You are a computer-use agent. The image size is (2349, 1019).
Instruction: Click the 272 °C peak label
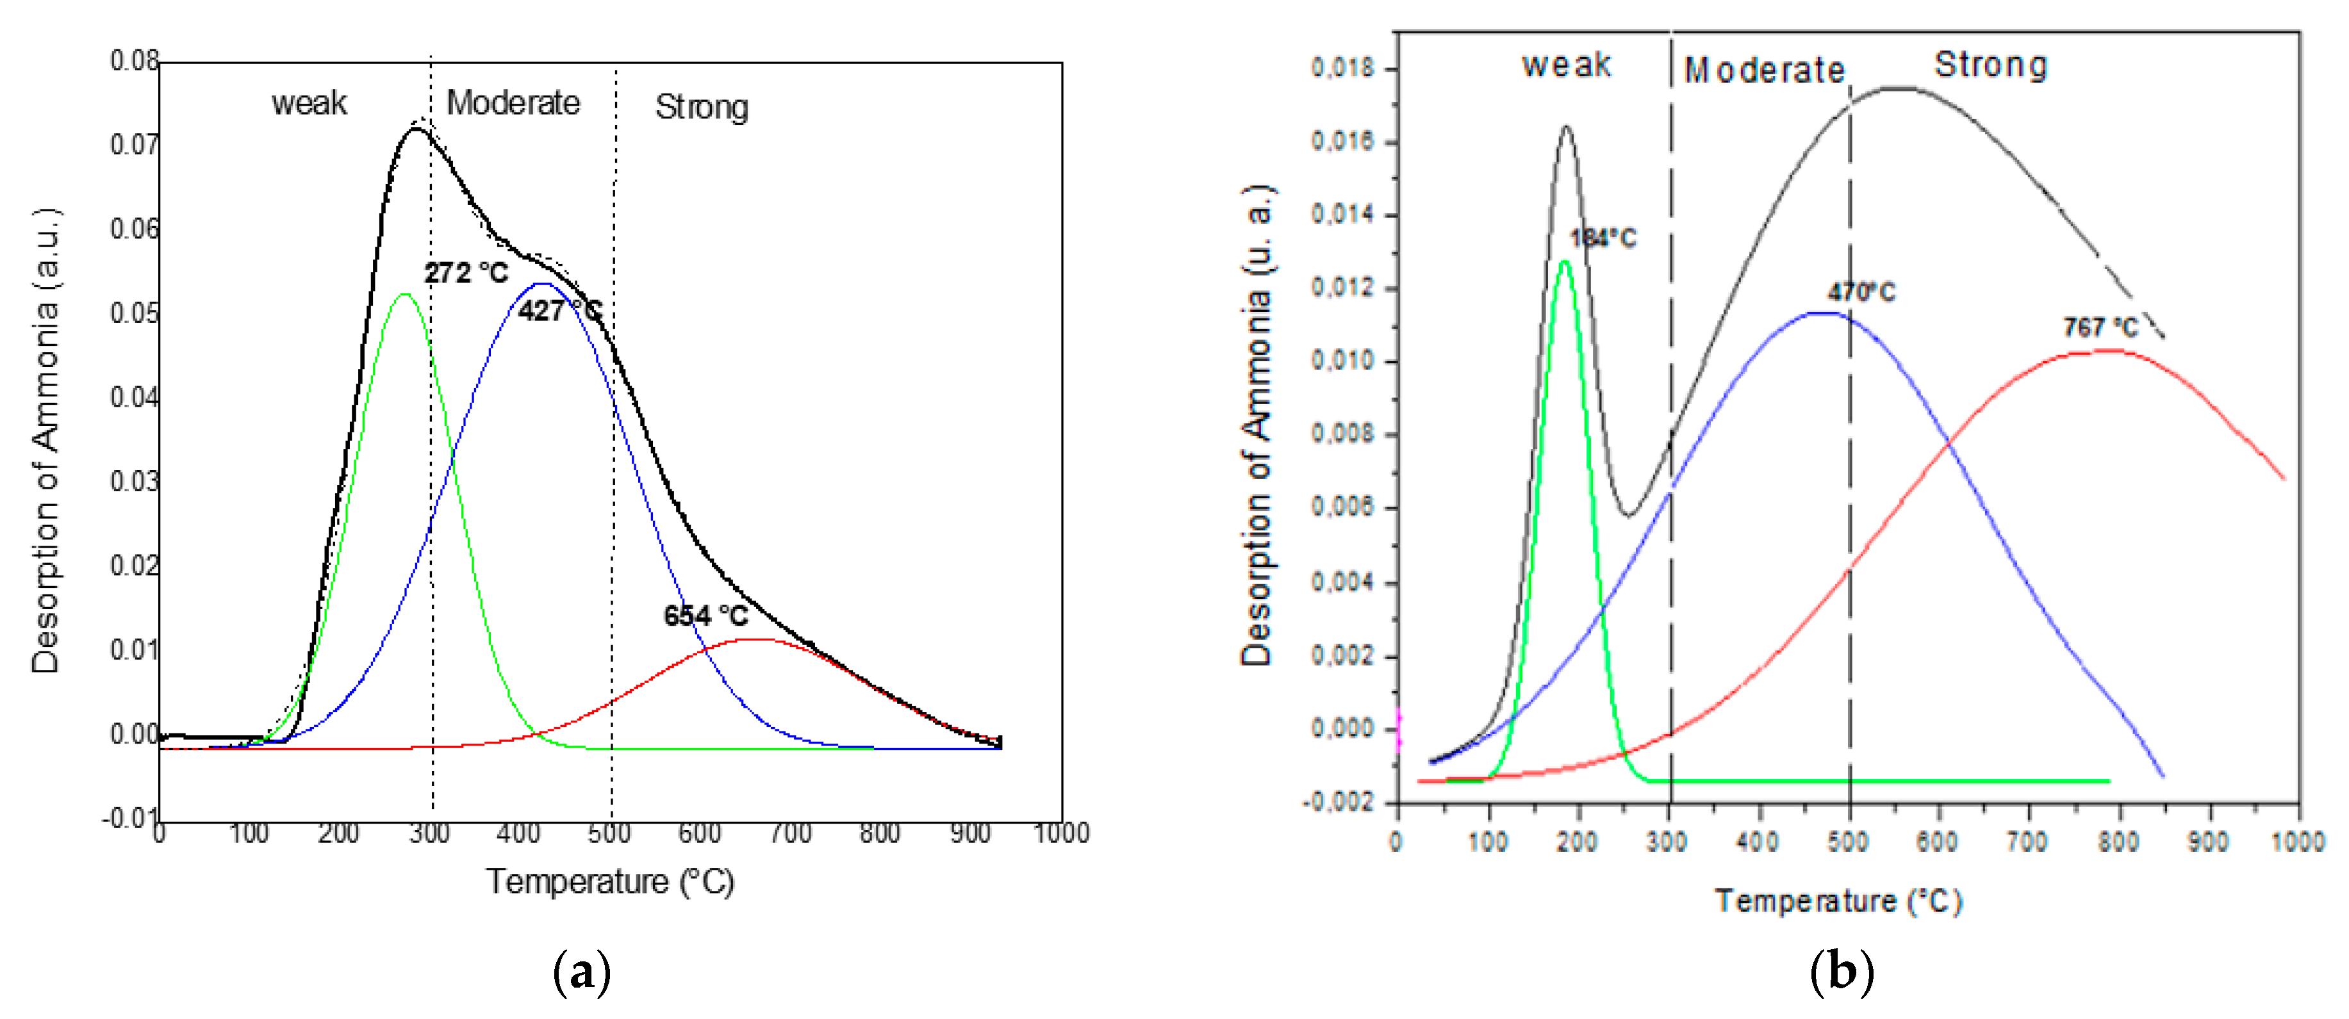[x=466, y=273]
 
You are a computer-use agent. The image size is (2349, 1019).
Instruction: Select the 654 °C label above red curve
[x=705, y=616]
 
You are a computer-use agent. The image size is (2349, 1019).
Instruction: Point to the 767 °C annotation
[x=2100, y=327]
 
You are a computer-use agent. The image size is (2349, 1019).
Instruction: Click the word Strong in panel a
[x=701, y=108]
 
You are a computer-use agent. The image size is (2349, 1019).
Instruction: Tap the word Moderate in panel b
[x=1763, y=70]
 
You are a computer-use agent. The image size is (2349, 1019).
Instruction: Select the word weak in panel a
[x=309, y=103]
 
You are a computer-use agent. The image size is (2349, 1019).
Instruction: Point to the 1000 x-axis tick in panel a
[x=1060, y=833]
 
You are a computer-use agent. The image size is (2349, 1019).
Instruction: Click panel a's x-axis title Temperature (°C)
[x=609, y=881]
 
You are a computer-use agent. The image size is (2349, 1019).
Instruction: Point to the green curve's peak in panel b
[x=1565, y=261]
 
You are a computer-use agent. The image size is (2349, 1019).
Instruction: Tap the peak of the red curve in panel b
[x=2106, y=350]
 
